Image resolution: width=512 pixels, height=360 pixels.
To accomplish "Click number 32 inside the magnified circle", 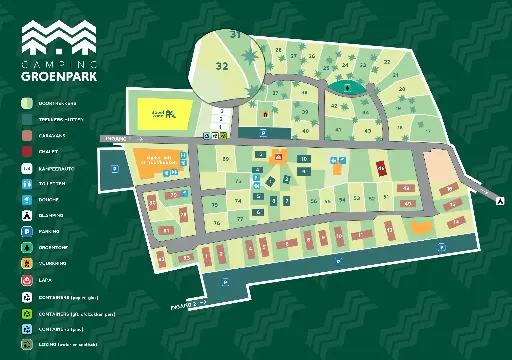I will tap(221, 66).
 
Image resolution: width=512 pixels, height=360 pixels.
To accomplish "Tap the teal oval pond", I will tap(347, 87).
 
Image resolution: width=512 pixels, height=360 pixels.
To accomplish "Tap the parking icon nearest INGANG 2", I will tap(226, 283).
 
